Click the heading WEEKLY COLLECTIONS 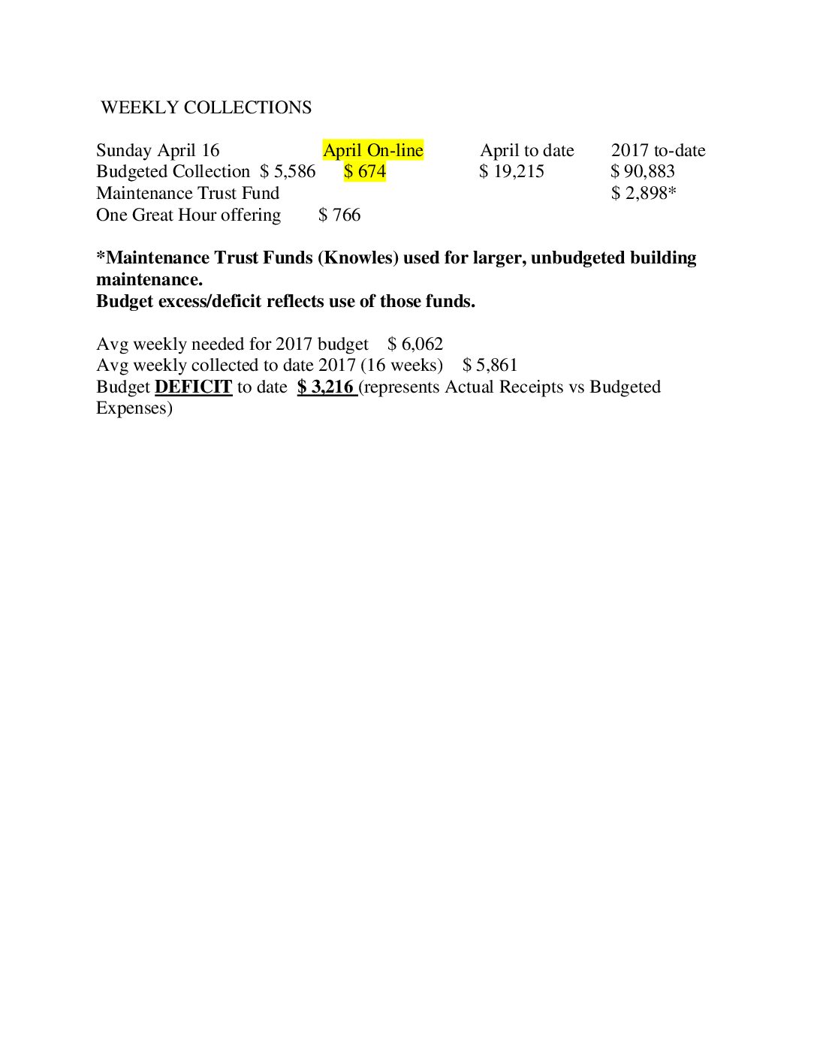coord(206,107)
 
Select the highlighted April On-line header coord(373,150)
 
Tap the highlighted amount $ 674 coord(365,171)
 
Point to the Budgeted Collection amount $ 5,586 coord(288,171)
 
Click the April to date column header coord(527,150)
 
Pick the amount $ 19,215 coord(511,171)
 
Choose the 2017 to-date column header coord(658,150)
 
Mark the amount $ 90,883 coord(643,171)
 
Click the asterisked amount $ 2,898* coord(644,193)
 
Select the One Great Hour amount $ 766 coord(339,215)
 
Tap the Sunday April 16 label coord(158,150)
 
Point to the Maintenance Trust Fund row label coord(188,193)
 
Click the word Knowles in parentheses coord(358,257)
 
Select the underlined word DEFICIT coord(193,387)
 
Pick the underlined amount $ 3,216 coord(326,387)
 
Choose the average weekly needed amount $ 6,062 coord(415,344)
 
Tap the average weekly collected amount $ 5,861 coord(490,365)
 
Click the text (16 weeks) coord(402,365)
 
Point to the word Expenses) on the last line coord(134,408)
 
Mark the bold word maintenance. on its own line coord(149,279)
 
